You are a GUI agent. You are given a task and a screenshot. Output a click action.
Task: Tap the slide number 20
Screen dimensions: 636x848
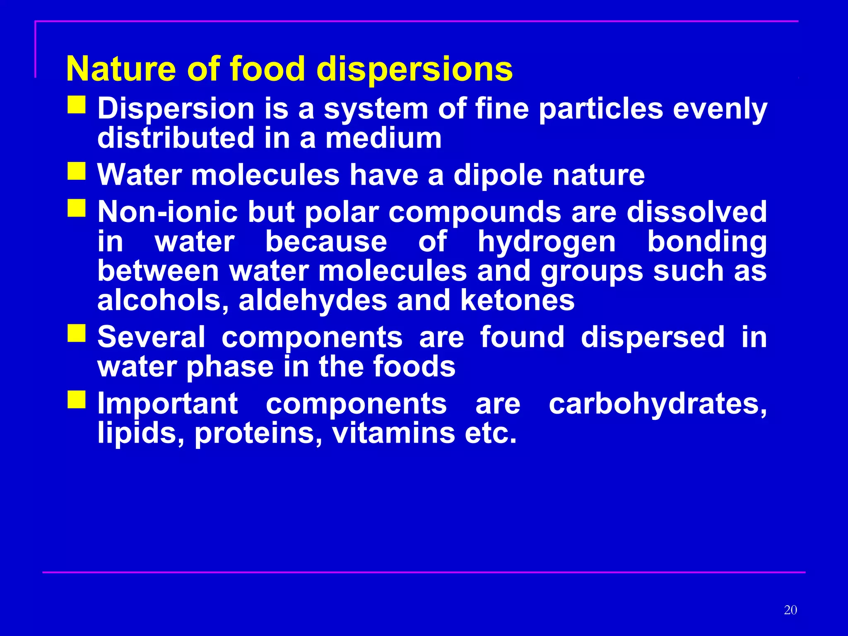coord(790,610)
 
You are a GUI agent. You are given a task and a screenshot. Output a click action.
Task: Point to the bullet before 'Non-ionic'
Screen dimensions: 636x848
coord(77,208)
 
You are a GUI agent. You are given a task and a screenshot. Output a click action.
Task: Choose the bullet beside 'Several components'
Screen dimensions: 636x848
coord(77,333)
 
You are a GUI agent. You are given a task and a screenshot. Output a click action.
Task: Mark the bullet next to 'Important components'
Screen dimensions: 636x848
coord(77,399)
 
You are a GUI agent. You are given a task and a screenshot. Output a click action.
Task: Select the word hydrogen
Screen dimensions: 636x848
coord(547,242)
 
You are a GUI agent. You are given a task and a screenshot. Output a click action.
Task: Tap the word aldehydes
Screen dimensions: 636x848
coord(313,301)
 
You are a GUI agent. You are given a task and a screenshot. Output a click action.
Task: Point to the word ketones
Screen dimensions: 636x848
coord(517,301)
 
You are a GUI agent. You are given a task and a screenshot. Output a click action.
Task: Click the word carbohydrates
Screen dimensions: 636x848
coord(658,404)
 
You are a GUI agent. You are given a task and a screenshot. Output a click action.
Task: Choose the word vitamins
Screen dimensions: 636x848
coord(393,433)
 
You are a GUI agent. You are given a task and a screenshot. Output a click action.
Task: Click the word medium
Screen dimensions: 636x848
coord(383,138)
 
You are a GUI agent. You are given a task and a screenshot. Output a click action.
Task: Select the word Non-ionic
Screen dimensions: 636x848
coord(167,212)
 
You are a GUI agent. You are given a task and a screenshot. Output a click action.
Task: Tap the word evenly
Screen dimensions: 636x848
coord(720,109)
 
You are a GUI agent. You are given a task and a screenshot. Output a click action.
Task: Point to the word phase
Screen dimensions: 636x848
coord(230,368)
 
